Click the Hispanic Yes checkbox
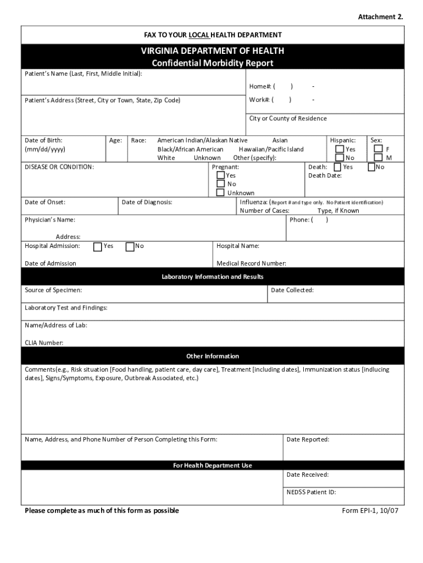coord(340,149)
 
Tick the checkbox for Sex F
coord(378,149)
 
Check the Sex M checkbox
coord(378,158)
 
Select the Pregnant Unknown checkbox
coord(220,193)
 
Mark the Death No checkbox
coord(371,167)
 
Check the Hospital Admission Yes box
coord(97,246)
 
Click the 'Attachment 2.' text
coord(380,17)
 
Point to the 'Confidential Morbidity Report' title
coord(212,63)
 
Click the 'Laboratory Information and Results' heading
coord(212,277)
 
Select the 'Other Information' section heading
coord(212,356)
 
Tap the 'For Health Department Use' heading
coord(212,466)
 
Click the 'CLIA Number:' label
coord(44,343)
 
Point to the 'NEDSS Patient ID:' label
coord(311,493)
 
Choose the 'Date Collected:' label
coord(292,290)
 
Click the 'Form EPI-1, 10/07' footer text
coord(370,511)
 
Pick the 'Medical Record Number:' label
coord(251,263)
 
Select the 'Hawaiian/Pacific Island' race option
coord(271,150)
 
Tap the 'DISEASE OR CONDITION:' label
coord(59,167)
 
